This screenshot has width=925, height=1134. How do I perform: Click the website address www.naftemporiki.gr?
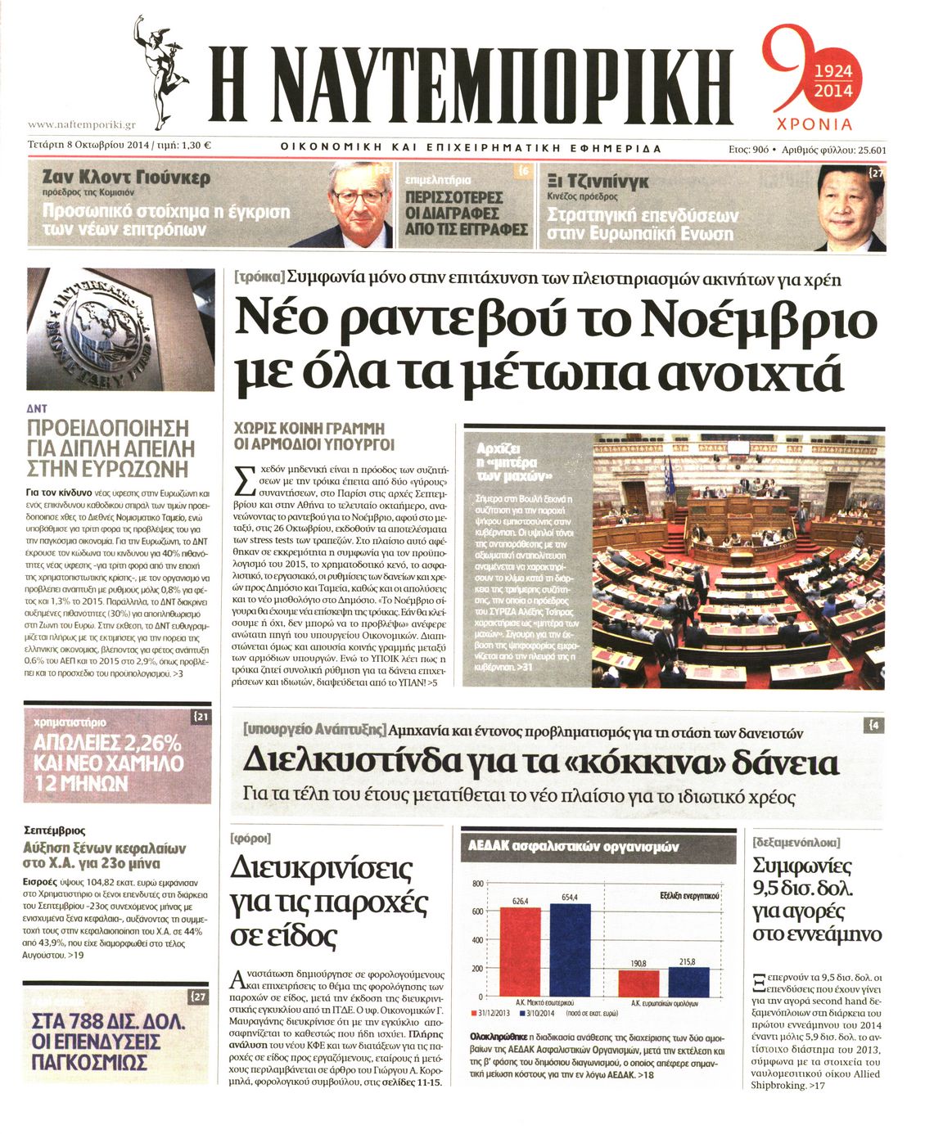point(81,125)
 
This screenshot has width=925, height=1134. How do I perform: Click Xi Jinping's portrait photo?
point(849,205)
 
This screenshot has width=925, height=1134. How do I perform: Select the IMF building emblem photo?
point(120,328)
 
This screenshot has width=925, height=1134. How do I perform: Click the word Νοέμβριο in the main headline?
point(756,321)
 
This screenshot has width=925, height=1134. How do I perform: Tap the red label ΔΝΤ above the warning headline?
point(37,407)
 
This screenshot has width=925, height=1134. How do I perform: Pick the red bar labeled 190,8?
point(638,982)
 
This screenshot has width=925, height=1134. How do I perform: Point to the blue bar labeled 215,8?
point(683,980)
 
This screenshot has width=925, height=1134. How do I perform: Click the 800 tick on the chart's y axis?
point(477,884)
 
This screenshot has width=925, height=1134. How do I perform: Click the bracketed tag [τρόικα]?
point(259,277)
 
